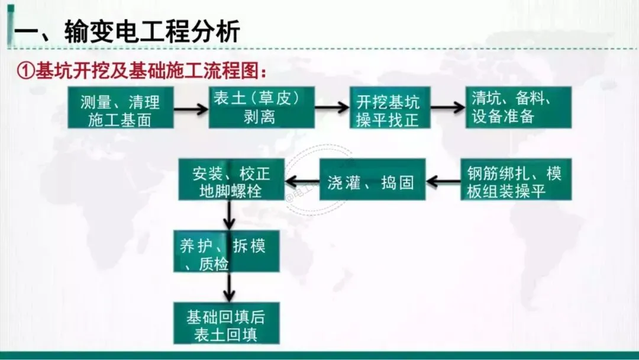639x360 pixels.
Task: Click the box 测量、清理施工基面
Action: click(120, 108)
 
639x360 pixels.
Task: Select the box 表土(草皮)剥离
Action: click(261, 108)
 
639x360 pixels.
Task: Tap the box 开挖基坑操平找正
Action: click(389, 108)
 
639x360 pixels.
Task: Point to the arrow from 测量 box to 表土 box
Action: click(191, 108)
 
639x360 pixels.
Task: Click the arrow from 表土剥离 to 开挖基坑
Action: click(332, 108)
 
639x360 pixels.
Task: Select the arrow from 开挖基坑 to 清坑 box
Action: click(448, 108)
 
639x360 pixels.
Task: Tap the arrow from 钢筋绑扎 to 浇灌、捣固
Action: click(443, 181)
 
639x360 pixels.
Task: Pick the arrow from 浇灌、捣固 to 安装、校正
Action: click(302, 181)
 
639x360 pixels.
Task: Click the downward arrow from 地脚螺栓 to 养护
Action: click(230, 216)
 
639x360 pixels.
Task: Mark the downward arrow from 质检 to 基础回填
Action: click(230, 287)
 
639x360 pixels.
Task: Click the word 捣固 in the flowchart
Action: click(397, 182)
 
